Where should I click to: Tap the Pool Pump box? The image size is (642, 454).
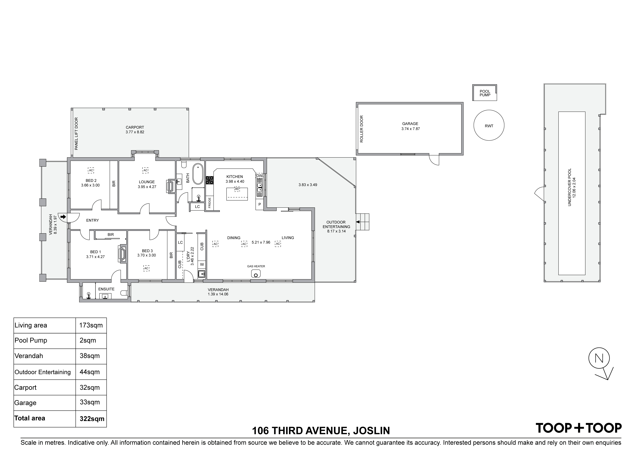tap(485, 93)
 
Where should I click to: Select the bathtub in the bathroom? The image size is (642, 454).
tap(198, 174)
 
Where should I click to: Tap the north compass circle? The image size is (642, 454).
tap(599, 358)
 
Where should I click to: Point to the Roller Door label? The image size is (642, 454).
tap(362, 129)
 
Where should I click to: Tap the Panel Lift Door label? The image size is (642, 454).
tap(76, 133)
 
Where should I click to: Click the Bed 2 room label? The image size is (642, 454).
tap(91, 181)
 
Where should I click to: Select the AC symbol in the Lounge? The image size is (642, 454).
tap(145, 170)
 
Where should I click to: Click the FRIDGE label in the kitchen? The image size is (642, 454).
tap(209, 203)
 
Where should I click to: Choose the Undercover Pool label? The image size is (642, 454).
tap(572, 187)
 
